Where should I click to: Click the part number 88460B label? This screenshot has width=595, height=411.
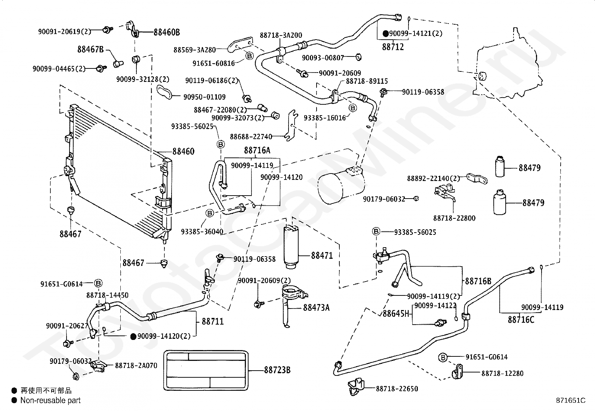tap(167, 33)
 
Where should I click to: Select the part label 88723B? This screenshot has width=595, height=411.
tap(277, 370)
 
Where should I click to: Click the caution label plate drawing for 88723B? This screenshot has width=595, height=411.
tap(206, 370)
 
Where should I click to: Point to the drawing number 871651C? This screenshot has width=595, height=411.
tap(571, 401)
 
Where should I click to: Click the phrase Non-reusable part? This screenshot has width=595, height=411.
tap(50, 401)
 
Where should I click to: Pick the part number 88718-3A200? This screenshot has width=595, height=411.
tap(281, 35)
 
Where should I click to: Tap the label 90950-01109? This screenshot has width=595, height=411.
tap(204, 97)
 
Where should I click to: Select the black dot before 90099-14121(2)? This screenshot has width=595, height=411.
tap(386, 34)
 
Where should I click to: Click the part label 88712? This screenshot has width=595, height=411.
tap(393, 47)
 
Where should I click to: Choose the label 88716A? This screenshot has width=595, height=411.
tap(257, 150)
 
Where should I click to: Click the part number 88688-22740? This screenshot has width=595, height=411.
tap(251, 137)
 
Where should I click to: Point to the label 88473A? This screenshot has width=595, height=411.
tap(316, 307)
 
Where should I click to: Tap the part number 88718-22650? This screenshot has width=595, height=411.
tap(397, 389)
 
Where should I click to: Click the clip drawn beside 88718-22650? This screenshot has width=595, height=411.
tap(356, 386)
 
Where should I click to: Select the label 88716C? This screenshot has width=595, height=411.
tap(521, 319)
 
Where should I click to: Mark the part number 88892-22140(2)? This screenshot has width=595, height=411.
tap(434, 178)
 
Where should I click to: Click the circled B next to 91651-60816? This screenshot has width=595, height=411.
tap(249, 56)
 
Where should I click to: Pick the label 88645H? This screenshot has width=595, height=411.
tap(396, 314)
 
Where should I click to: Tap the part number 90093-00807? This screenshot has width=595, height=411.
tap(323, 58)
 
